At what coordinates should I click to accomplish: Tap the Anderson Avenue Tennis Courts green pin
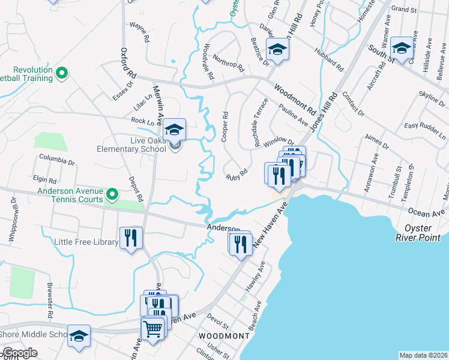click(x=112, y=194)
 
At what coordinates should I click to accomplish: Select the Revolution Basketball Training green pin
click(x=61, y=74)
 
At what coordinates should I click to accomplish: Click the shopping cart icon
click(x=153, y=328)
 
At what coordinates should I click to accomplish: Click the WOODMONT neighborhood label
click(x=224, y=337)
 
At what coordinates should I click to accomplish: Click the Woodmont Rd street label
click(x=295, y=100)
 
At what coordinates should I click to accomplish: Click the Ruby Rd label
click(x=237, y=175)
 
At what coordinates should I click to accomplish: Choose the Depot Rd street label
click(x=136, y=188)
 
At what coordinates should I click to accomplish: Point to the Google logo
click(x=20, y=353)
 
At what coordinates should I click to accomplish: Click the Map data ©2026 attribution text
click(x=423, y=355)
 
